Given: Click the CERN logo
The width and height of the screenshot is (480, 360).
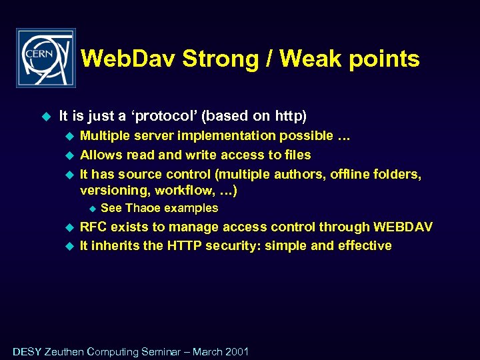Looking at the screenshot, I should point(46,58).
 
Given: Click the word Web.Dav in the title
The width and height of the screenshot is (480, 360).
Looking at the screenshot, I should point(128,59).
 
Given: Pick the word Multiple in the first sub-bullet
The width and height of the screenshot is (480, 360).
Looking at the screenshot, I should point(103,136).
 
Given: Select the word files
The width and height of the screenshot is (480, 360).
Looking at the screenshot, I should point(297,155).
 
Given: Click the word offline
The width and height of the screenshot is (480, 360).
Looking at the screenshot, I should point(351,174).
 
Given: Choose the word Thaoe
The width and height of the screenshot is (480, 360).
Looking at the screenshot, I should point(142,208).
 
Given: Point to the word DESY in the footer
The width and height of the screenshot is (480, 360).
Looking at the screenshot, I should point(27,351).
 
